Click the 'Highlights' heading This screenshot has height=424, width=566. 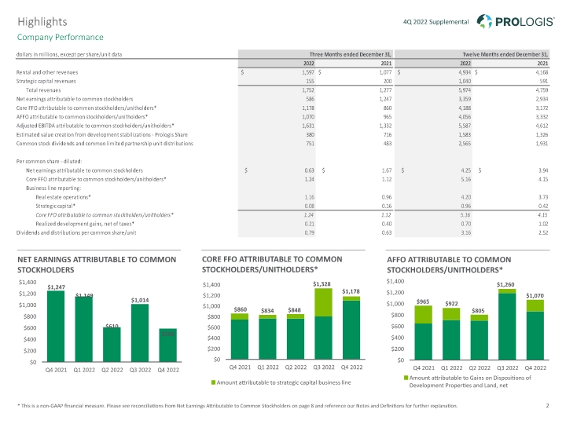coord(42,22)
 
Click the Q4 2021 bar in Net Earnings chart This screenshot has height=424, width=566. coord(56,327)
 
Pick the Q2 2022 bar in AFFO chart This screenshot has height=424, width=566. coord(479,338)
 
